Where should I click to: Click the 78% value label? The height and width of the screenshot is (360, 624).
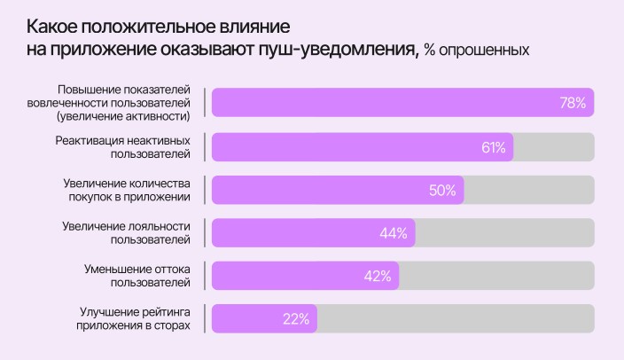(x=573, y=103)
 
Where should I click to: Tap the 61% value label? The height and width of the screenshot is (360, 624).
(x=494, y=146)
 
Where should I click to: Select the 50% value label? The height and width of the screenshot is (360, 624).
(x=442, y=190)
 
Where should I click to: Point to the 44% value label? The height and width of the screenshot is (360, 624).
(x=393, y=233)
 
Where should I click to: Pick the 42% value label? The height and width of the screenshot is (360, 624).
(x=378, y=276)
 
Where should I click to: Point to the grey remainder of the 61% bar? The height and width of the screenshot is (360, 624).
(x=553, y=146)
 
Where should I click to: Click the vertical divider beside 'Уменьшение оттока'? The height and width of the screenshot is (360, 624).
(x=205, y=276)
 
